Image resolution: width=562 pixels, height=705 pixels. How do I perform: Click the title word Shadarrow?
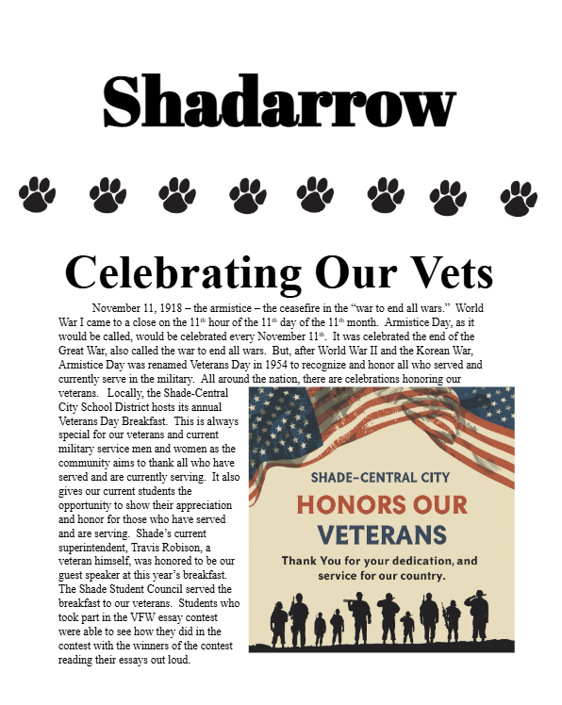click(x=280, y=102)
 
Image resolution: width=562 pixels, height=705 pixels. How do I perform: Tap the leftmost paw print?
click(x=38, y=195)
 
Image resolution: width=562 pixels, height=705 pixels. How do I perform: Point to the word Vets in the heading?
click(x=442, y=272)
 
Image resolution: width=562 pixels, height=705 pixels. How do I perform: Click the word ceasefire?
click(x=315, y=309)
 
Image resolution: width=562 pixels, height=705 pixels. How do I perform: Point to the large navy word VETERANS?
click(x=382, y=534)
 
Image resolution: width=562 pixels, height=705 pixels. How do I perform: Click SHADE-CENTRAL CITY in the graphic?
click(x=382, y=476)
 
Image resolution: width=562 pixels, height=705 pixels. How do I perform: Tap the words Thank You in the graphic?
click(x=311, y=561)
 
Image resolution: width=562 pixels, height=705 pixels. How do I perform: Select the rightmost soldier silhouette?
click(x=479, y=616)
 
